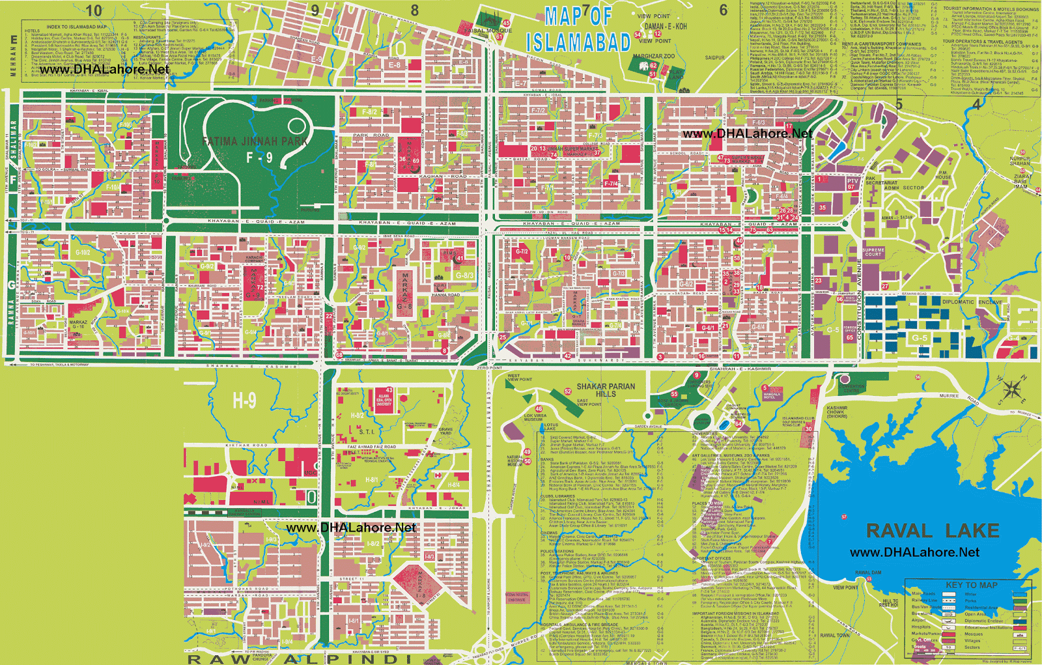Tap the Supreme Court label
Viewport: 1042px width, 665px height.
(873, 252)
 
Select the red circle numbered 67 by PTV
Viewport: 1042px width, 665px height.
(851, 187)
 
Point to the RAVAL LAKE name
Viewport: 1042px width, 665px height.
(933, 531)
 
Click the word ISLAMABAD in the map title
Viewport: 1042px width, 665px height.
(578, 42)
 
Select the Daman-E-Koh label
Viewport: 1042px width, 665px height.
(666, 26)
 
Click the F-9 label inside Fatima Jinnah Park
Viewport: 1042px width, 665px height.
(259, 158)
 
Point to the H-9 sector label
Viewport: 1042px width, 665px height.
(244, 400)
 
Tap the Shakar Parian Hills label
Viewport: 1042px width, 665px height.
(606, 389)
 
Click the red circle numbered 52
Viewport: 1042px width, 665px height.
(568, 391)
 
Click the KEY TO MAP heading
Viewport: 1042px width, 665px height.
(972, 585)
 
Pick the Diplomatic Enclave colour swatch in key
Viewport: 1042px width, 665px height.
(1020, 621)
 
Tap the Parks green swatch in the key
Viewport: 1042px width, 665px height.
(1020, 601)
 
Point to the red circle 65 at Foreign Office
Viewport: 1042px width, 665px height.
(850, 337)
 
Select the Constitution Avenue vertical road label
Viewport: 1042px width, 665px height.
(859, 300)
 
